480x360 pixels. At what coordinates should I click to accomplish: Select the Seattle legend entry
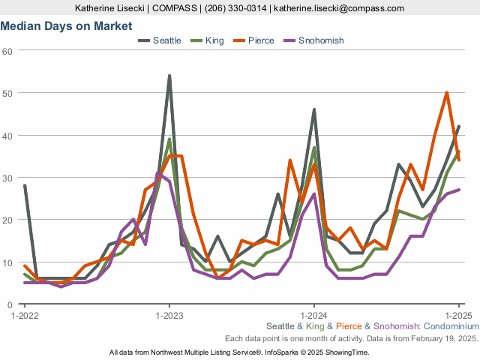(160, 40)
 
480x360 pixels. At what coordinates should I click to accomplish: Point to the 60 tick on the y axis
(8, 51)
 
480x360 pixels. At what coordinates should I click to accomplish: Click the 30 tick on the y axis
(8, 178)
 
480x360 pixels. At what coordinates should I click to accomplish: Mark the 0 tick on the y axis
(10, 304)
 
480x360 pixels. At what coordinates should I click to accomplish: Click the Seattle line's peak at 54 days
(169, 76)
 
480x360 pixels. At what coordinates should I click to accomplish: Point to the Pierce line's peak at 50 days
(446, 93)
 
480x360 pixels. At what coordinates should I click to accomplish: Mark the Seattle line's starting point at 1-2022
(25, 186)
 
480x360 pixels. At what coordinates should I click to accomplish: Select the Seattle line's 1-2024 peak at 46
(313, 110)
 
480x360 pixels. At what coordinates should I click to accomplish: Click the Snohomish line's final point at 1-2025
(458, 190)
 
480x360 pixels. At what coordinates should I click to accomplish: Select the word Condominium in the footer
(451, 327)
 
